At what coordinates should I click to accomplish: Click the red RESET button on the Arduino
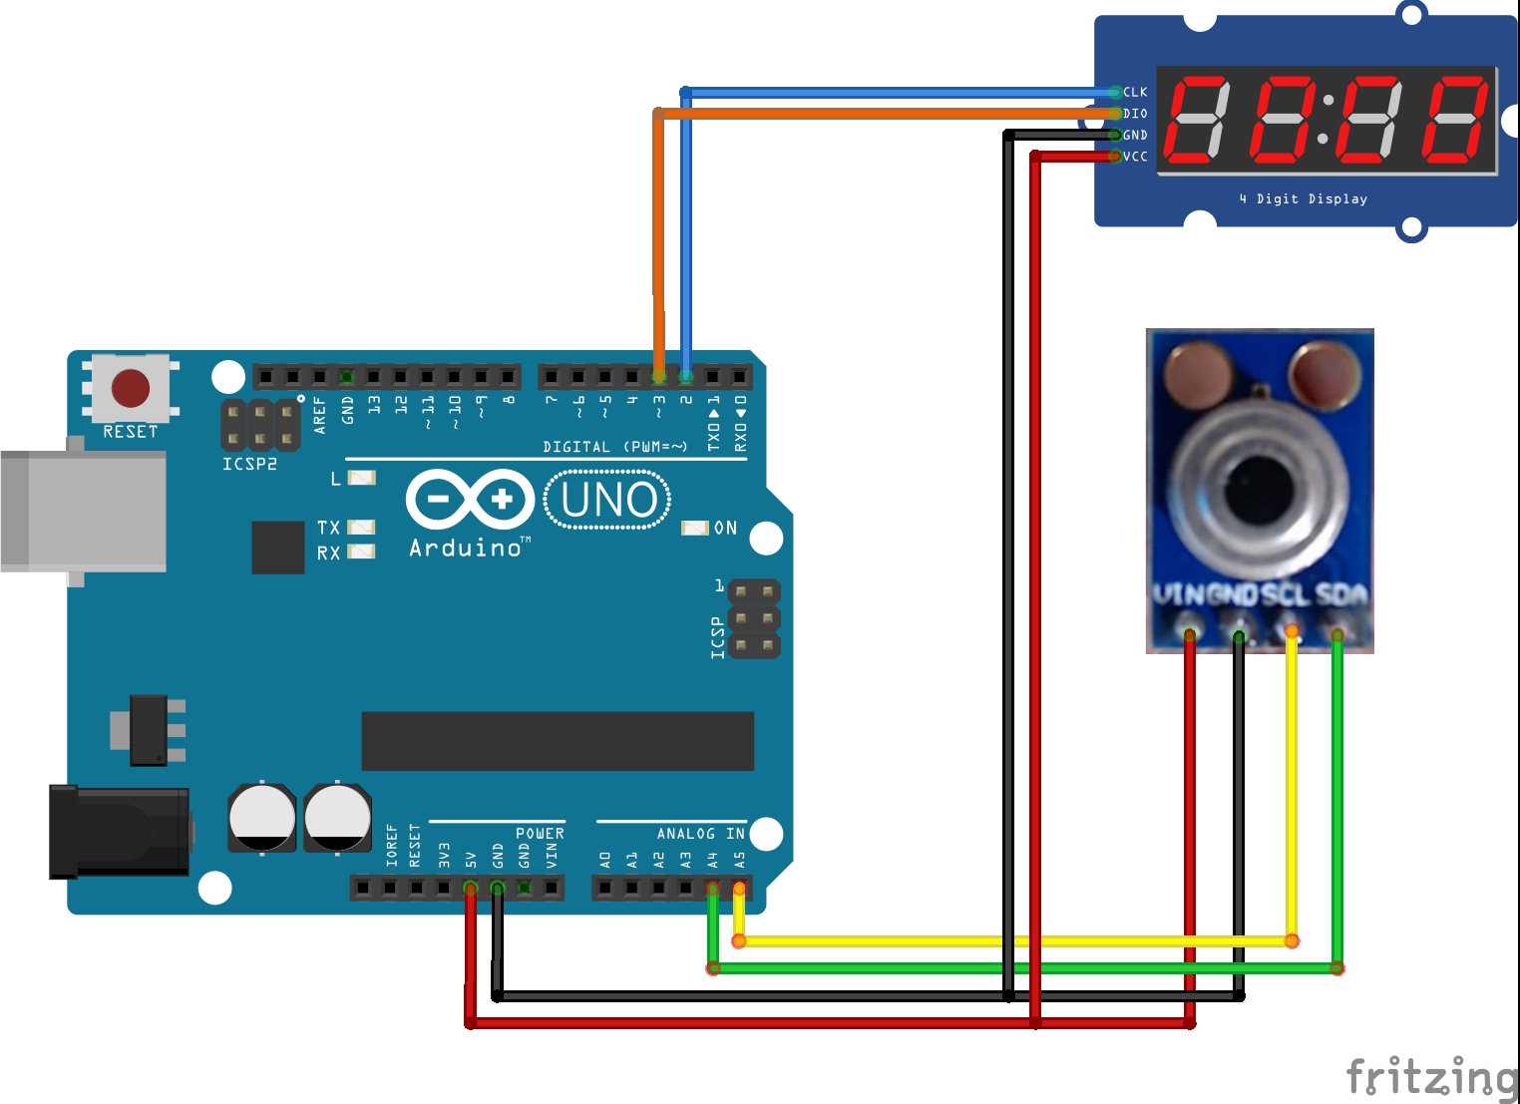[x=131, y=388]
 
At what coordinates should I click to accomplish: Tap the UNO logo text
[x=607, y=500]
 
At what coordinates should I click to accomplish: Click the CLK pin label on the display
[x=1135, y=92]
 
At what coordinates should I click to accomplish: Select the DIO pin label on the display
[x=1135, y=114]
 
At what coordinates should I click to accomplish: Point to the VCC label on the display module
[x=1135, y=157]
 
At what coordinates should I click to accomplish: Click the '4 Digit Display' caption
[x=1303, y=199]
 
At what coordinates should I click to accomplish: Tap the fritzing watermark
[x=1431, y=1078]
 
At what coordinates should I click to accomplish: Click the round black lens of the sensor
[x=1260, y=490]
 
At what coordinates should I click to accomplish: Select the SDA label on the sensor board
[x=1340, y=594]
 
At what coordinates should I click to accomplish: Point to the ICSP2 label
[x=249, y=464]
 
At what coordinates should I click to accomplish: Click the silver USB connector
[x=84, y=511]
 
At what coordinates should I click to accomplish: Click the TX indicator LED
[x=360, y=527]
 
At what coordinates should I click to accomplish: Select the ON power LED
[x=695, y=528]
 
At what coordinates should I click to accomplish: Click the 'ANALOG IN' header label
[x=700, y=834]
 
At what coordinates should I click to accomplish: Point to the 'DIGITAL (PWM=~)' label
[x=614, y=447]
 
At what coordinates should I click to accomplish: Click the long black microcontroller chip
[x=558, y=741]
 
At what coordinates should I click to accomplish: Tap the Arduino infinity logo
[x=470, y=499]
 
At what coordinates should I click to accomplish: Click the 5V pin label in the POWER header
[x=471, y=859]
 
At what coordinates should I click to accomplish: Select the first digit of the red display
[x=1198, y=119]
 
